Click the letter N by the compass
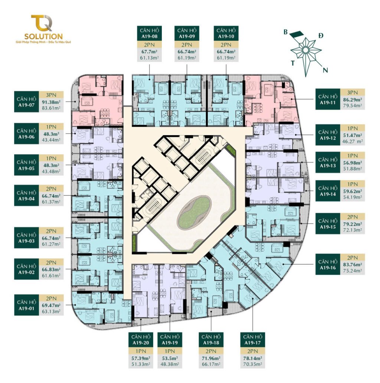pos(325,71)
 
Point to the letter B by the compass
pos(285,32)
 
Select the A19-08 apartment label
pos(150,33)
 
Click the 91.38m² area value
pos(52,101)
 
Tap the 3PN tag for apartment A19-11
pos(353,92)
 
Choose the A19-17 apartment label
pos(252,340)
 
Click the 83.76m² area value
pos(353,265)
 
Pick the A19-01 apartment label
pos(26,305)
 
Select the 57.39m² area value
pos(141,359)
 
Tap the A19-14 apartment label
pos(328,191)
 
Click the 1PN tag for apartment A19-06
pos(51,127)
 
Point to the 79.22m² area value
pos(353,224)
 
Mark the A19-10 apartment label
pos(226,33)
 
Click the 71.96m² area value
pos(211,359)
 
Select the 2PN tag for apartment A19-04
pos(51,189)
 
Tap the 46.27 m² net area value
pos(353,141)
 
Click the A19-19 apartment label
pos(170,340)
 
